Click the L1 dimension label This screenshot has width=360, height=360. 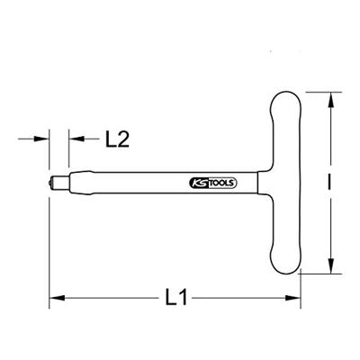pyautogui.click(x=176, y=297)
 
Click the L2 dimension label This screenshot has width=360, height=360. pyautogui.click(x=117, y=139)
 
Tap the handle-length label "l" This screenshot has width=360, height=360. pyautogui.click(x=330, y=182)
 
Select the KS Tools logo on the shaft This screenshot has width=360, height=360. pyautogui.click(x=213, y=183)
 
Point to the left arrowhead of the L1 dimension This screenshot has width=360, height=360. pyautogui.click(x=57, y=298)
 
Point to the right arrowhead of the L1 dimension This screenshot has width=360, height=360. pyautogui.click(x=292, y=298)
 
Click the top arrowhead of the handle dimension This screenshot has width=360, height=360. pyautogui.click(x=330, y=100)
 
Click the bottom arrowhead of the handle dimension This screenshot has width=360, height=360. pyautogui.click(x=330, y=265)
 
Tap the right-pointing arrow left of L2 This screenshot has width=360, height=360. pyautogui.click(x=33, y=139)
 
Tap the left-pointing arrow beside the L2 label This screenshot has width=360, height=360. pyautogui.click(x=84, y=139)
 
